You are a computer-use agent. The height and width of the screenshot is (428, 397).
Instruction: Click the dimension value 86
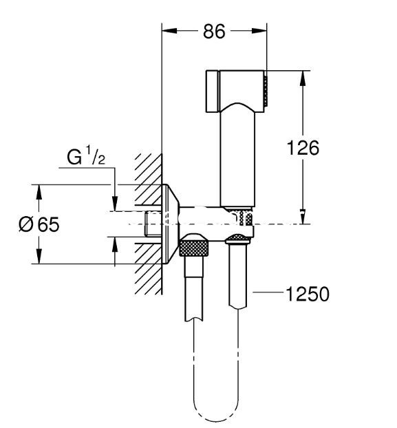pos(214,31)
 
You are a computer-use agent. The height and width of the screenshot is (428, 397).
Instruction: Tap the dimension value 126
pos(303,148)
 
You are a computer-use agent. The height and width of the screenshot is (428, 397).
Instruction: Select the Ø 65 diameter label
pos(39,224)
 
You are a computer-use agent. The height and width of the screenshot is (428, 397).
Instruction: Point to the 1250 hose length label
pos(308,294)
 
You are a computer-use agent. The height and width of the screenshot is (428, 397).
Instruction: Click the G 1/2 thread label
pos(86,156)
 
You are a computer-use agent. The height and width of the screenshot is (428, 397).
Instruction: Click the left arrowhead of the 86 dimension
pos(170,31)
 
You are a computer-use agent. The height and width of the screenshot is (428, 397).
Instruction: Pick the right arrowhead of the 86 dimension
pos(259,31)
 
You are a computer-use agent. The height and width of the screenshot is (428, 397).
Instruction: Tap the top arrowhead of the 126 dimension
pos(303,78)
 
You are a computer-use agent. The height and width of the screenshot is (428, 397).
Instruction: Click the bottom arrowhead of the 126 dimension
pos(303,217)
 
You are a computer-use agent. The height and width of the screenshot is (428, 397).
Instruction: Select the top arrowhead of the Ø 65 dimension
pos(39,193)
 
